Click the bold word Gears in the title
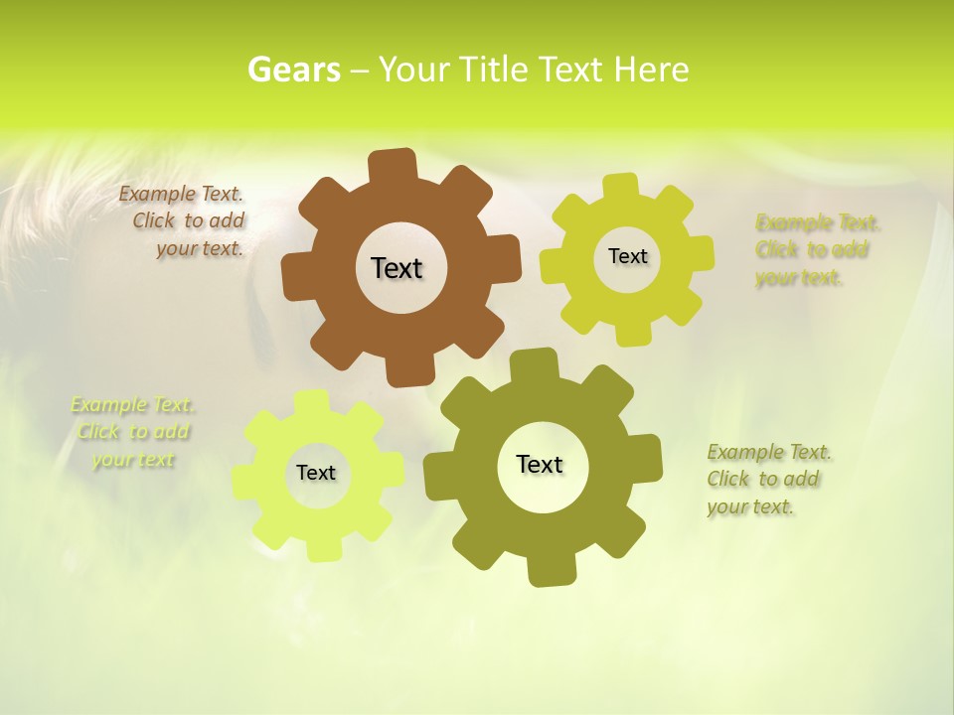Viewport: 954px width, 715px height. pos(294,70)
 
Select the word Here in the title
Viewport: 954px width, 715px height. pos(651,70)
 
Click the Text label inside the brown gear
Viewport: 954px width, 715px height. pos(397,268)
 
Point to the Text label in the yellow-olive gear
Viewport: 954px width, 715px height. pos(627,256)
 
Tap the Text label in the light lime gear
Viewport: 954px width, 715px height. pos(316,473)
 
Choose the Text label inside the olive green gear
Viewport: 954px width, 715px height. pos(540,464)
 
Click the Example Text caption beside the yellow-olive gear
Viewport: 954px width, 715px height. pos(817,249)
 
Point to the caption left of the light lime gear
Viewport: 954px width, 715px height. pos(132,432)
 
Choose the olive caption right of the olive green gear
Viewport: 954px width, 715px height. pos(768,479)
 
